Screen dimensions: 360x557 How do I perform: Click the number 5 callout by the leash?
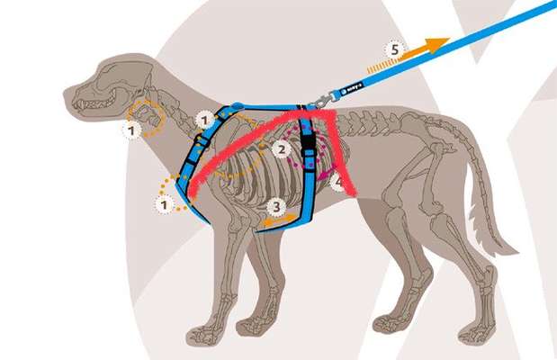pos(392,49)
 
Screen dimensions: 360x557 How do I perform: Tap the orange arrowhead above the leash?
pos(438,44)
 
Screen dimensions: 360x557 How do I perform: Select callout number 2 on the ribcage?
pos(282,149)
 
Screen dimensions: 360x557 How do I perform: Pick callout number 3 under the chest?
pos(277,206)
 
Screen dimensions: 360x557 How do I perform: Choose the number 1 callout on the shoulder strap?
pos(204,118)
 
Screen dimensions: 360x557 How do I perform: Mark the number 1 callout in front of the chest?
pos(165,205)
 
